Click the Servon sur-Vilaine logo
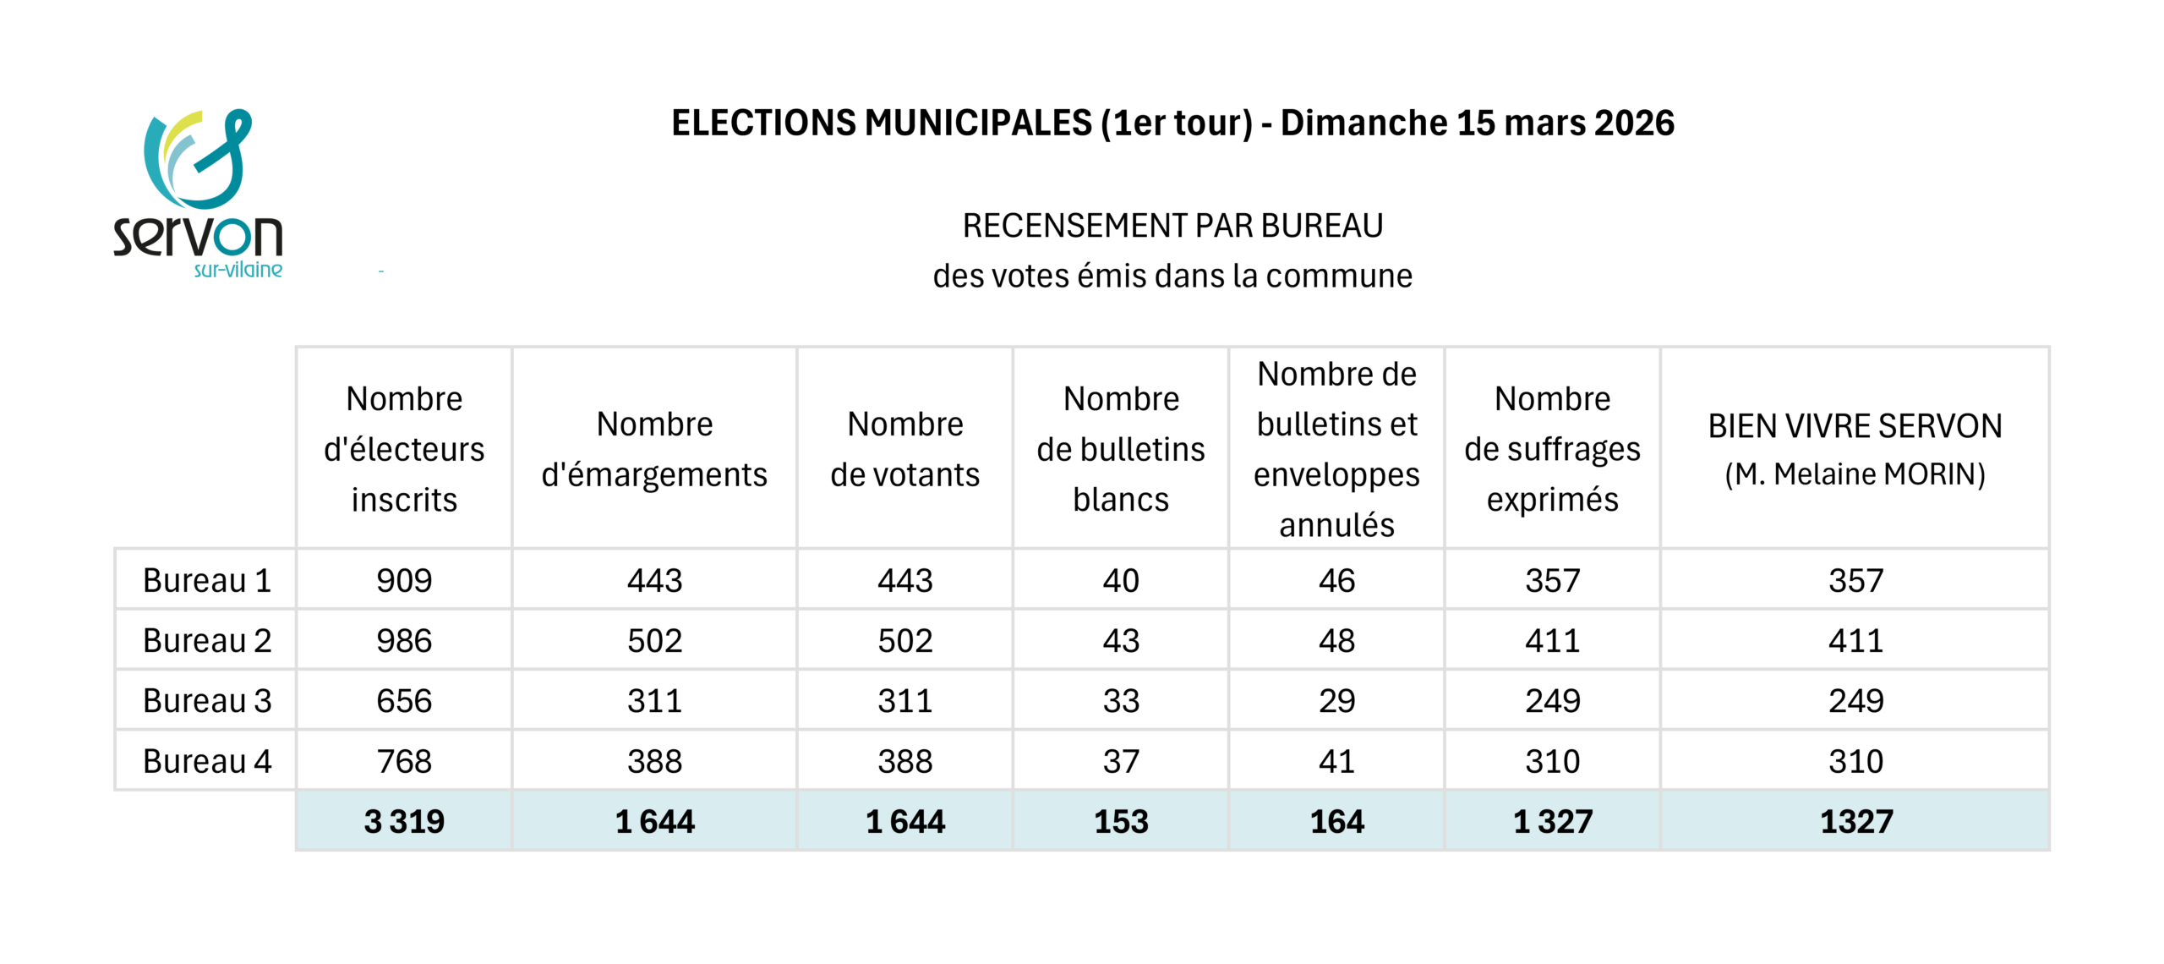(198, 194)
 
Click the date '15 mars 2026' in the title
(1565, 123)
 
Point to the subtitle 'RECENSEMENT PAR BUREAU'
(1172, 226)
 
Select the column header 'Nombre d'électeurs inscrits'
(404, 449)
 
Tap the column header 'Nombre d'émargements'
(654, 449)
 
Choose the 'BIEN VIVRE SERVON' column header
(1855, 425)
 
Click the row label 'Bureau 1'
(207, 580)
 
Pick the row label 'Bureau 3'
(207, 701)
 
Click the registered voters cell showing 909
(404, 580)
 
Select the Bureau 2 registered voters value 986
(404, 641)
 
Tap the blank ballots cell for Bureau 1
(1121, 580)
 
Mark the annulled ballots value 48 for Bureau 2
(1336, 641)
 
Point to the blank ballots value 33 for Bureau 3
(1121, 701)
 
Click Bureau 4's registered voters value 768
(404, 761)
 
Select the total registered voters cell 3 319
(404, 821)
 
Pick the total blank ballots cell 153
(1121, 821)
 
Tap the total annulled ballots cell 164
(1336, 821)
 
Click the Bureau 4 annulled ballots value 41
(1336, 761)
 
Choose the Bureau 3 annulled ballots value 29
(1336, 701)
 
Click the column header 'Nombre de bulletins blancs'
(1121, 449)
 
